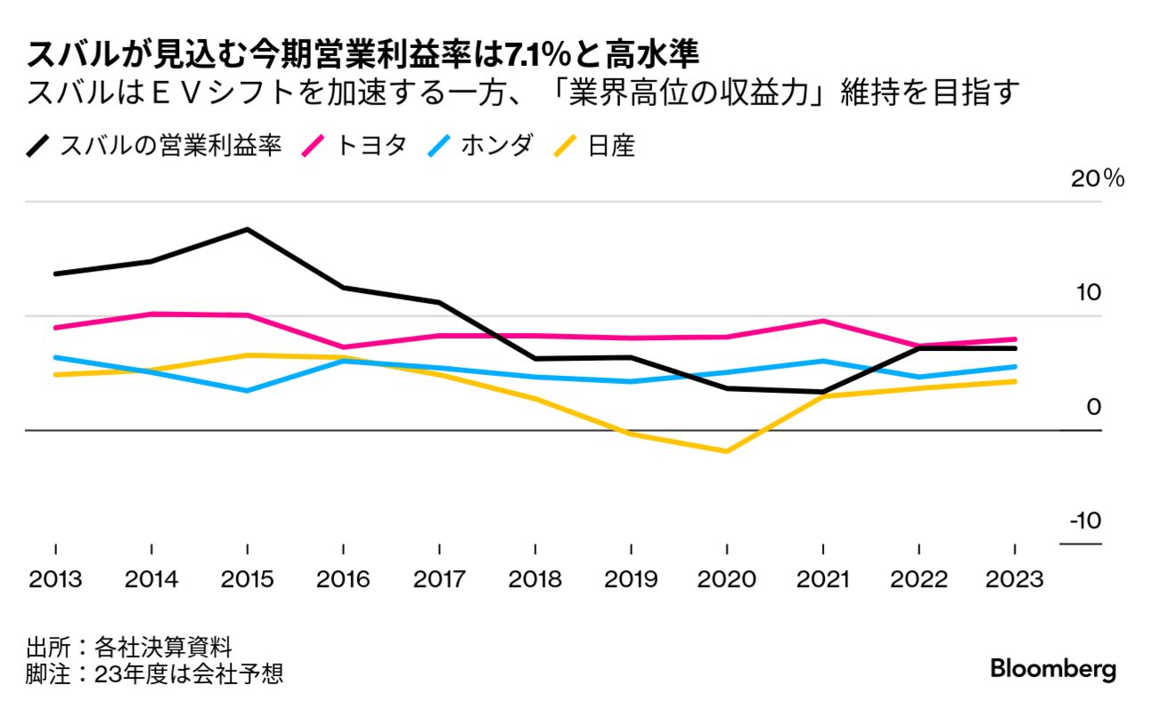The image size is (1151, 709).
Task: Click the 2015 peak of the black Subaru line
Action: (247, 230)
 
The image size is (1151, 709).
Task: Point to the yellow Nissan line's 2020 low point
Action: (727, 452)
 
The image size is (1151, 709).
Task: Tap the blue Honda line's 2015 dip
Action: (247, 390)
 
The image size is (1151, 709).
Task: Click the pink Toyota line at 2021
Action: (824, 321)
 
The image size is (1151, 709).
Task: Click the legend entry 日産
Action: (611, 145)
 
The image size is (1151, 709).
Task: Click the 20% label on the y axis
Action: (1098, 178)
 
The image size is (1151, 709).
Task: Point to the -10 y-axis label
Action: (1083, 521)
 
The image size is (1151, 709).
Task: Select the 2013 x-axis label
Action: (55, 580)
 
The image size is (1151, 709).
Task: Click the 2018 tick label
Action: (535, 580)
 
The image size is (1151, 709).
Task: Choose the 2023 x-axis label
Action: (1015, 580)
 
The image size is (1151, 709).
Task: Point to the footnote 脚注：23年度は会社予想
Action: (154, 673)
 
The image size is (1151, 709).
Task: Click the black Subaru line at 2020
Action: (727, 388)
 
